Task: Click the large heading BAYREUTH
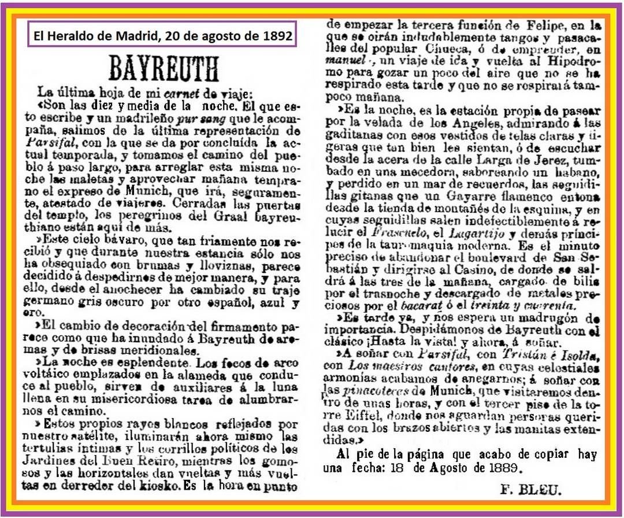(x=164, y=68)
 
